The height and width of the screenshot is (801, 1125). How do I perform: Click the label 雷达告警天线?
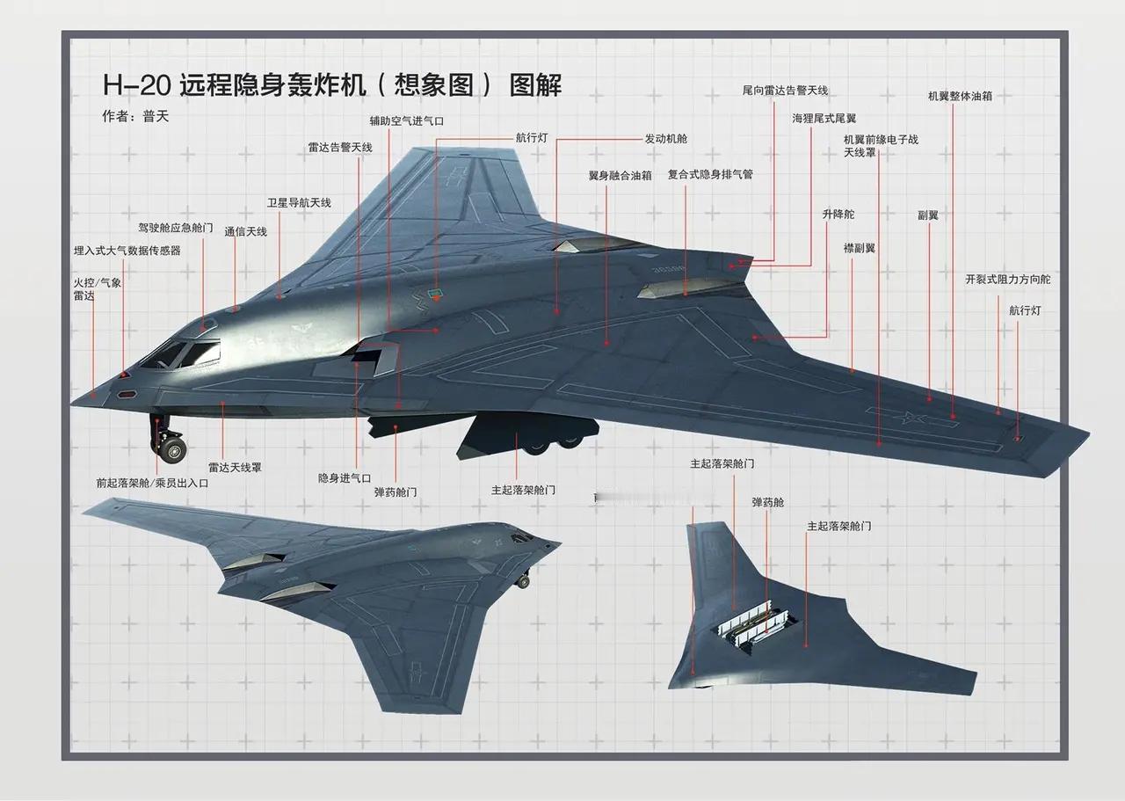point(340,147)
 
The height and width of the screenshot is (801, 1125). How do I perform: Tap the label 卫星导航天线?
point(299,202)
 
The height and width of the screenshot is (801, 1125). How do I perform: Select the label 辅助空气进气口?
point(407,121)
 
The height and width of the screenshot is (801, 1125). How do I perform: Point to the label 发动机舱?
point(666,139)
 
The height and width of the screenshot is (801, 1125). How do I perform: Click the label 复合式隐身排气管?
point(710,174)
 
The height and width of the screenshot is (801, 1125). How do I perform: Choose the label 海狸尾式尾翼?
point(824,119)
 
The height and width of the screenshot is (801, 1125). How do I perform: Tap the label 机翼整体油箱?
point(960,96)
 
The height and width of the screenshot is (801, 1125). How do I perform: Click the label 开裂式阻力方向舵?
point(1007,280)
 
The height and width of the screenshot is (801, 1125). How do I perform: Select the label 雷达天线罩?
point(235,468)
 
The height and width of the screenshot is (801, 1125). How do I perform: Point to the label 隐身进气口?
point(345,478)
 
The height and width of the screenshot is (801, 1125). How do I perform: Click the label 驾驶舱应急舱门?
point(176,228)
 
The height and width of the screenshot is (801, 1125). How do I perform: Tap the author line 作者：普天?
point(135,117)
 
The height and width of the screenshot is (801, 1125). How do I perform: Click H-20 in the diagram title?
point(136,85)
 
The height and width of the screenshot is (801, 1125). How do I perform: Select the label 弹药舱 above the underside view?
point(768,502)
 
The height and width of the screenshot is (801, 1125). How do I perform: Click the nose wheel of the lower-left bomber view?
point(523,582)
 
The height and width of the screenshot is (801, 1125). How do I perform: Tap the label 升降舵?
point(838,214)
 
